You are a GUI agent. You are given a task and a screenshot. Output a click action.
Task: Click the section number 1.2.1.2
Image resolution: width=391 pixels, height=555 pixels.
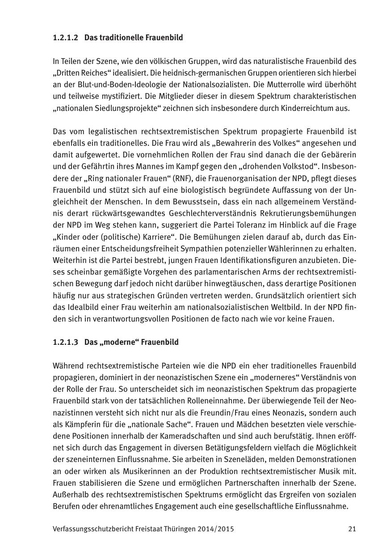(65, 38)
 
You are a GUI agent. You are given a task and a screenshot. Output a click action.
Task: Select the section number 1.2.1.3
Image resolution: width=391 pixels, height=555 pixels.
(65, 342)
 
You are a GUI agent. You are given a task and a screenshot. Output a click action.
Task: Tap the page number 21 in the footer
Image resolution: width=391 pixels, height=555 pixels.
(352, 529)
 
